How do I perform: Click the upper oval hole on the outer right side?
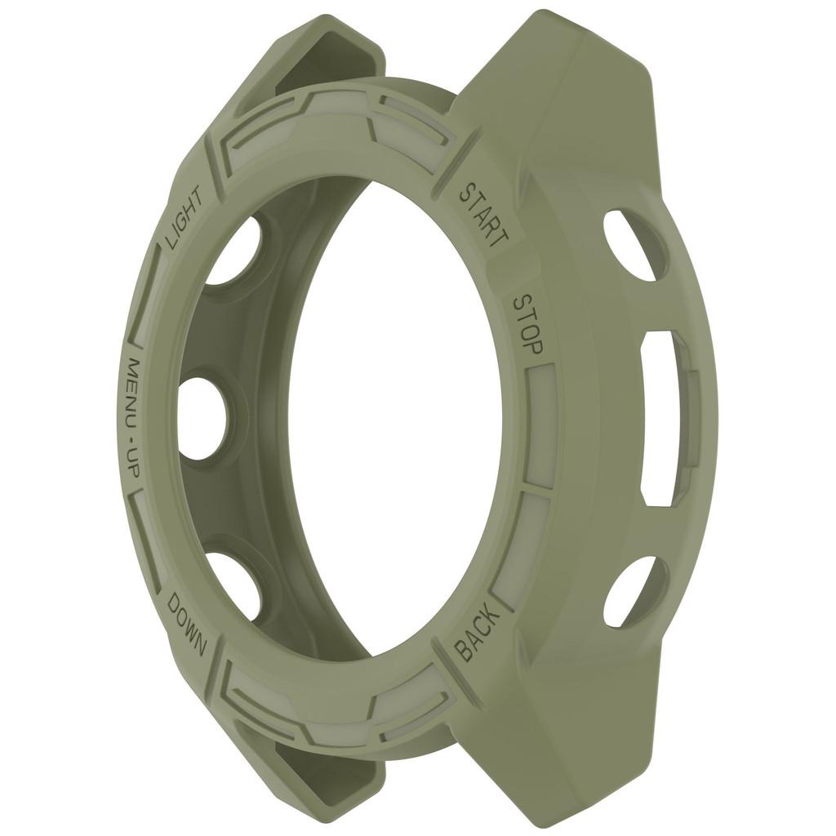pos(635,244)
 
